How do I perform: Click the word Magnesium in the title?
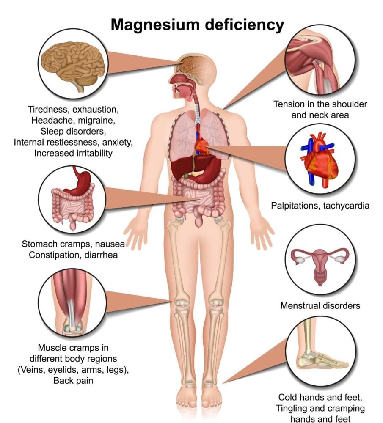(155, 25)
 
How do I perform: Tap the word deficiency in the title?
(245, 25)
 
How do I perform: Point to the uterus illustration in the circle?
(320, 265)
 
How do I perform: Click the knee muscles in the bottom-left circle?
(72, 302)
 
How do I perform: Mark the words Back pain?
(73, 381)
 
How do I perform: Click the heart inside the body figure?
(202, 146)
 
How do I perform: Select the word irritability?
(95, 153)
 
